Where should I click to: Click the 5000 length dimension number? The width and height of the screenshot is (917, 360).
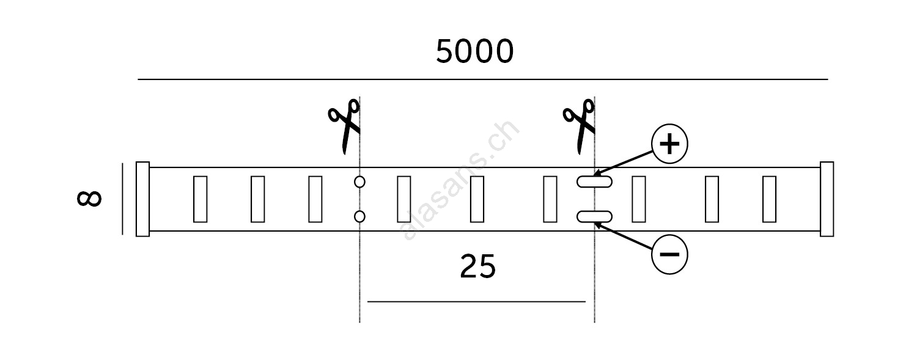click(474, 52)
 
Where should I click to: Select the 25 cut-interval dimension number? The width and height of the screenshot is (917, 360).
click(477, 266)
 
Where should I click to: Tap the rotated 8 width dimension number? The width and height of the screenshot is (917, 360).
click(90, 199)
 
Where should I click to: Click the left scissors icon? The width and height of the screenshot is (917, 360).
click(345, 126)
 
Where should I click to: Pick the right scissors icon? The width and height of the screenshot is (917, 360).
click(579, 126)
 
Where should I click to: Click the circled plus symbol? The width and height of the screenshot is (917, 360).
click(670, 145)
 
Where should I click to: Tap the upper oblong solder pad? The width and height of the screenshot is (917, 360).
click(594, 182)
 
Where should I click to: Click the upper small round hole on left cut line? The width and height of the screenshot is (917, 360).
click(359, 182)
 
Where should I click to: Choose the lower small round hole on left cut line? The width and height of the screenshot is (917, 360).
click(359, 216)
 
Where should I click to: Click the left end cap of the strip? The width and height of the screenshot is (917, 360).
click(142, 199)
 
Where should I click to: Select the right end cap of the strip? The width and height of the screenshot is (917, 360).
click(827, 199)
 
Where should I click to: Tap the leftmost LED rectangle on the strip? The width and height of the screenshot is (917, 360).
click(200, 199)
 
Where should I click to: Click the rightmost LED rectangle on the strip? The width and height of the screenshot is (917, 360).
click(769, 199)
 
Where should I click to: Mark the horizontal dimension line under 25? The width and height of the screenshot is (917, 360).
click(477, 301)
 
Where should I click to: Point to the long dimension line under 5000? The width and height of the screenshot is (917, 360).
click(483, 79)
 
